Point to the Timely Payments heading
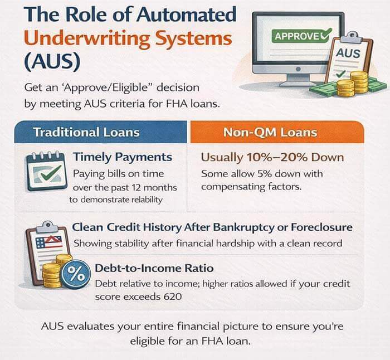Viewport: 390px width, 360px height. pos(122,158)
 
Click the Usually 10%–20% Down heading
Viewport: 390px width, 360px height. pos(272,158)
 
